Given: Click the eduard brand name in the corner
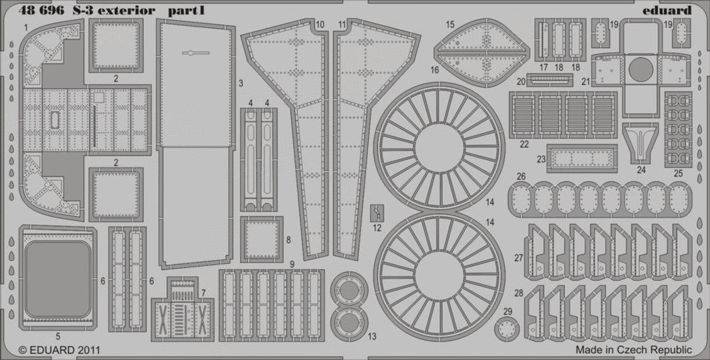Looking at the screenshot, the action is (x=667, y=11).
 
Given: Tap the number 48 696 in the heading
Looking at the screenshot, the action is (x=41, y=11).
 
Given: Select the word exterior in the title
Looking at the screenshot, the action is (x=126, y=11).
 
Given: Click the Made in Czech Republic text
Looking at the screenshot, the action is (x=633, y=350).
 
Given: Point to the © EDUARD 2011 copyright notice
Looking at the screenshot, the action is (x=59, y=350).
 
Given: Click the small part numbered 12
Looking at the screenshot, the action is (x=377, y=213).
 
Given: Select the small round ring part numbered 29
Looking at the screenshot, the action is (x=507, y=329).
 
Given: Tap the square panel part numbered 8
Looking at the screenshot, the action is (x=261, y=240).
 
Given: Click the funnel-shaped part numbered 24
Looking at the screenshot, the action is (x=640, y=143).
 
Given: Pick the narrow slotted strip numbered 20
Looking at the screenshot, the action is (x=550, y=80).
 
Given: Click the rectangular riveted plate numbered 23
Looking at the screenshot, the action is (x=582, y=159).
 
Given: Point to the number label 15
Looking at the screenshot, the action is (x=450, y=24).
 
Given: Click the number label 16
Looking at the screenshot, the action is (x=434, y=70).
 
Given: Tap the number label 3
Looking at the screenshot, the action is (x=241, y=83).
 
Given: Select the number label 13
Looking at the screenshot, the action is (x=372, y=336).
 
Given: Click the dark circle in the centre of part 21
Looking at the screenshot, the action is (x=641, y=69).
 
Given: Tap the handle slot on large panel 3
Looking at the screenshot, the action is (x=196, y=53).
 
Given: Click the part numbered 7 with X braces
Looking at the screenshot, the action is (x=182, y=309).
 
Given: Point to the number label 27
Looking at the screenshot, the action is (x=519, y=258).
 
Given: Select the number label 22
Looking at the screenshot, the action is (x=524, y=145).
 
